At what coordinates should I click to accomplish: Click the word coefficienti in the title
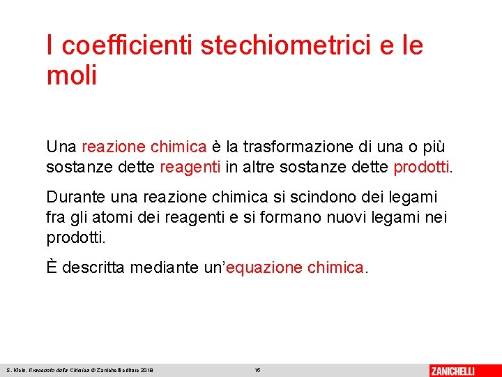tap(127, 46)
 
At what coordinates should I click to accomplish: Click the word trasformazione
tap(286, 147)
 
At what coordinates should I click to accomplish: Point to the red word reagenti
tap(190, 168)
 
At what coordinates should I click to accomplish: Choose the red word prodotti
tap(422, 168)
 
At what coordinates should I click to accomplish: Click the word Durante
tap(74, 198)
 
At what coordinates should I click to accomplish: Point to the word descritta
tap(96, 267)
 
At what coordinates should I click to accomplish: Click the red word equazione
tap(264, 267)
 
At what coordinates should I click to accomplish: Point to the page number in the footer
tap(257, 370)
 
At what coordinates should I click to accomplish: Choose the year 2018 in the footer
tap(146, 370)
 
